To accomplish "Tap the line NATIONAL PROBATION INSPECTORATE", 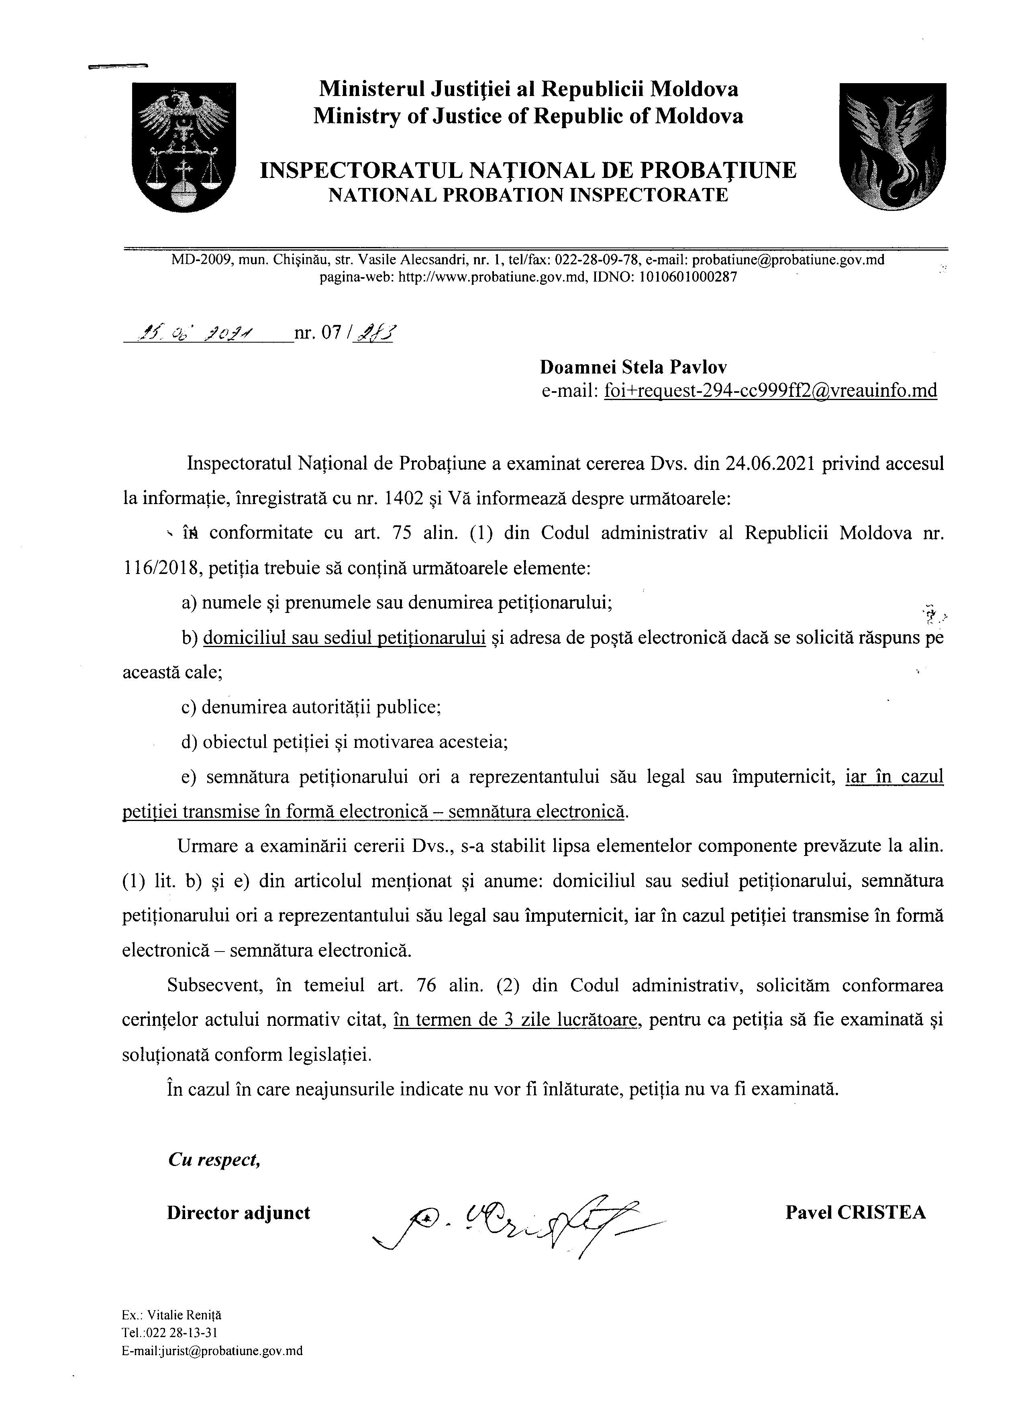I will tap(527, 195).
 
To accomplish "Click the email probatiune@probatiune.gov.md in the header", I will tap(788, 260).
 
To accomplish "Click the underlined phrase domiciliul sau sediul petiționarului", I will tap(344, 638).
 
